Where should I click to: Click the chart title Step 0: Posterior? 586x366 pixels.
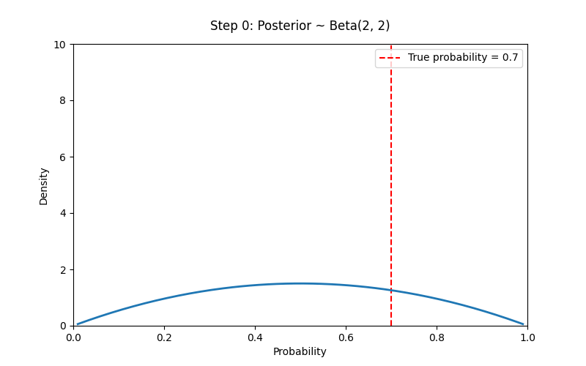pos(300,26)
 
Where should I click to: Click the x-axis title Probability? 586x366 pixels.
pos(300,351)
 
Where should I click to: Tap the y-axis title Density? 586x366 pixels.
pos(44,186)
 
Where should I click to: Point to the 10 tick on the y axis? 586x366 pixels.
pos(59,44)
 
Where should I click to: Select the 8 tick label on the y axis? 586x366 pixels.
pos(62,100)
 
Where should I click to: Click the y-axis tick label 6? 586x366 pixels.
pos(62,157)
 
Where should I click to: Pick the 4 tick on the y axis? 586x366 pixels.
pos(62,213)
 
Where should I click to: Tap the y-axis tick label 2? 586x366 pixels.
pos(62,269)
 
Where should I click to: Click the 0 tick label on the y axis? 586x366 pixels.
pos(62,326)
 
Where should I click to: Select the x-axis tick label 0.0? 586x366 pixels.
pos(73,337)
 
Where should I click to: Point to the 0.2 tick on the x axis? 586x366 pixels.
pos(164,337)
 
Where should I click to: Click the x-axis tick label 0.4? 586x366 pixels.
pos(255,337)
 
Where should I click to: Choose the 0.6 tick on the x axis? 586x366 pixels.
pos(346,337)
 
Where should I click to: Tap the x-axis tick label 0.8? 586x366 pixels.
pos(437,337)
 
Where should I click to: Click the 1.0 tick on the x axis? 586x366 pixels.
pos(527,337)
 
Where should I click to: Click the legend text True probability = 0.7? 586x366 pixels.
pos(462,58)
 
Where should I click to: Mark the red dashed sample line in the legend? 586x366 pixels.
pos(390,58)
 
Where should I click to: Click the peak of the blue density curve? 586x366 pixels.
pos(300,283)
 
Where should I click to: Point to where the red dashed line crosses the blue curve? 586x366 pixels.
pos(391,291)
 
